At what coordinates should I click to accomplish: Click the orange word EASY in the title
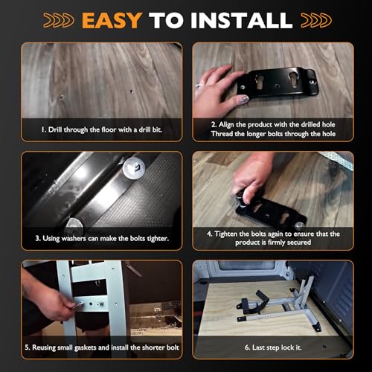tap(112, 20)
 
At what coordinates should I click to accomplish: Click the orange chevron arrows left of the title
tap(59, 20)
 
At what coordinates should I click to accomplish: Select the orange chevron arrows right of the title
tap(316, 20)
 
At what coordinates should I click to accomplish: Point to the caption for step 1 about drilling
tap(102, 129)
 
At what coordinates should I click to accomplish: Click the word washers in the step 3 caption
tap(74, 239)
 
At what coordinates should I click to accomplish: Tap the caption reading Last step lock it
tap(273, 347)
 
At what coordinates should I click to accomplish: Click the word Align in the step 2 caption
tap(226, 124)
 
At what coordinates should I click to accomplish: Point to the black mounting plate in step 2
tap(278, 83)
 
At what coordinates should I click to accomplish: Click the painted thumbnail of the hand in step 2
tap(245, 100)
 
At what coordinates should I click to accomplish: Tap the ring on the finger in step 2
tap(199, 86)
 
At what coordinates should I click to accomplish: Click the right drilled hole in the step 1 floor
tap(132, 92)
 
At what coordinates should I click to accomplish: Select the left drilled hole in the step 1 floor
tap(62, 97)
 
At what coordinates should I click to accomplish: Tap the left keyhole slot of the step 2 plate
tap(258, 83)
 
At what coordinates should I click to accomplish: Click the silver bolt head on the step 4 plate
tap(299, 226)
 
